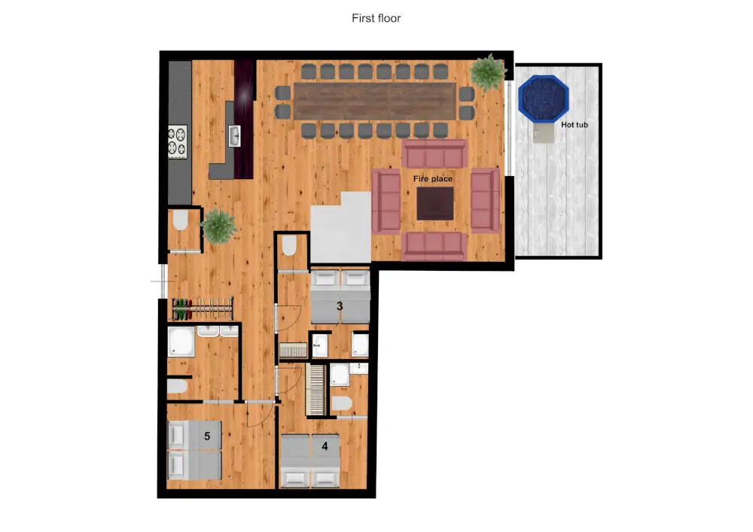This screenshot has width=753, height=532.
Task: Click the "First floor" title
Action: (376, 18)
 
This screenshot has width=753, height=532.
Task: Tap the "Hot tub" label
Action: (574, 125)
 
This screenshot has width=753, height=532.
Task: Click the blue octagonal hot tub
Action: (544, 97)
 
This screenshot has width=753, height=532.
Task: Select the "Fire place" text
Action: (432, 179)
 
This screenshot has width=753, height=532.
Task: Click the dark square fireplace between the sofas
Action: (435, 203)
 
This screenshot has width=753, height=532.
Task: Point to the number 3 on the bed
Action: (340, 306)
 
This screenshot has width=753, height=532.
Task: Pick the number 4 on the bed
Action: (325, 445)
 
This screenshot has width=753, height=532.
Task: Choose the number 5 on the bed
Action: (206, 435)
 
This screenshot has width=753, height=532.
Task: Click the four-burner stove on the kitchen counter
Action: (177, 141)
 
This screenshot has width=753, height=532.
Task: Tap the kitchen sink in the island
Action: (234, 135)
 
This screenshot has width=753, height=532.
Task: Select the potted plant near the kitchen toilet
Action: (218, 225)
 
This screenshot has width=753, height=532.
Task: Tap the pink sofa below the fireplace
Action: (434, 245)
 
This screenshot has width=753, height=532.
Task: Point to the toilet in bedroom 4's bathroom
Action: (341, 405)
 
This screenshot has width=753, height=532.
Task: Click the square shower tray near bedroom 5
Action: (181, 343)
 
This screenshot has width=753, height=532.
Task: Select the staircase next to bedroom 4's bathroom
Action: (317, 389)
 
